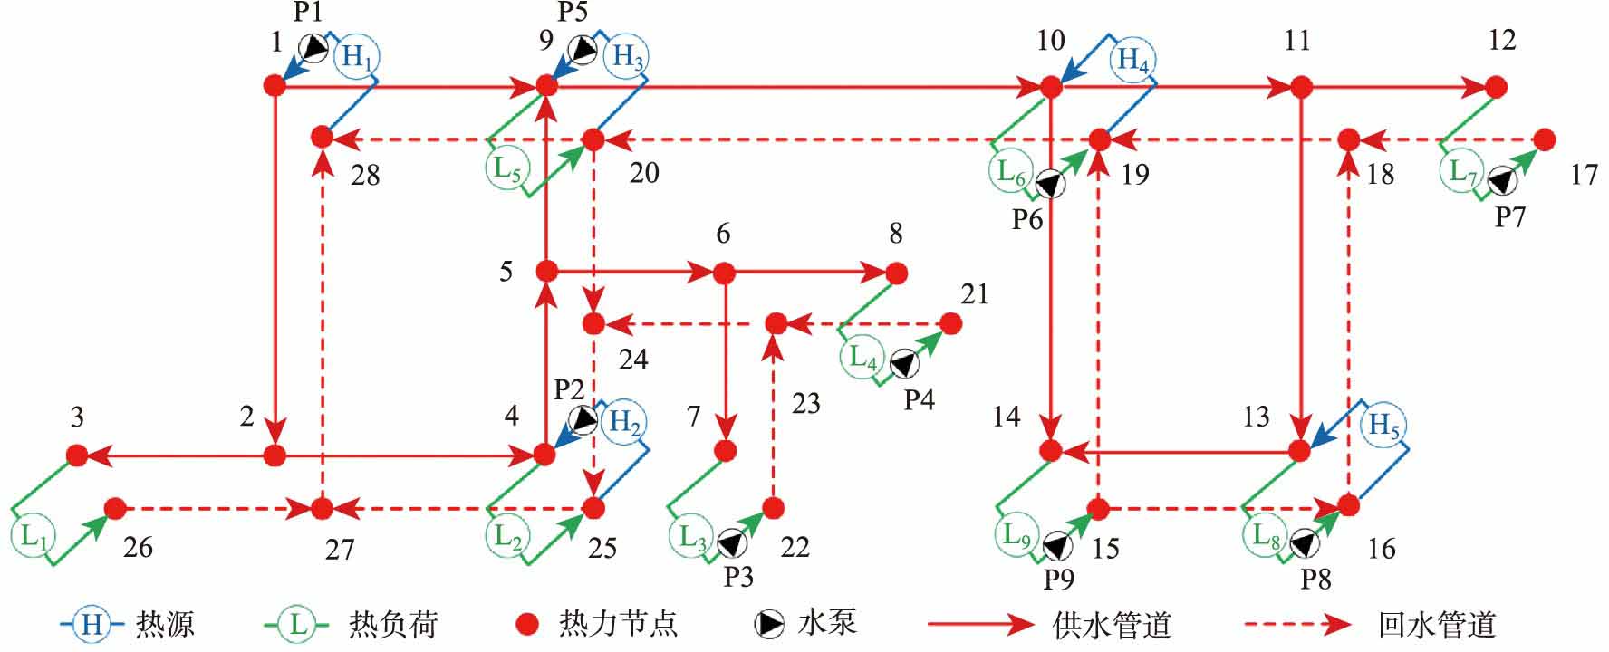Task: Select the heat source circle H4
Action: coord(1132,60)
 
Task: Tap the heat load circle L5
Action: coord(506,169)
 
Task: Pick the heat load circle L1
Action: coord(33,536)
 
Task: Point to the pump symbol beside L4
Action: coord(903,363)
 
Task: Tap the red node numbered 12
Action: coord(1496,87)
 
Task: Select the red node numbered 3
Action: coord(77,455)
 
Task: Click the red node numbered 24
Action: coord(593,323)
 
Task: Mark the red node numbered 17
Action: coord(1545,139)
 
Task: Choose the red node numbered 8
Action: coord(896,273)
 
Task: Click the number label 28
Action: coord(365,175)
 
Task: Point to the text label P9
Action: coord(1058,579)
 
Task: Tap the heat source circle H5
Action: coord(1383,424)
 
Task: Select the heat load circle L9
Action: coord(1016,535)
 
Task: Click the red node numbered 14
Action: coord(1051,450)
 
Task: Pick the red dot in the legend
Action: coord(527,624)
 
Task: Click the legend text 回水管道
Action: coord(1437,624)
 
